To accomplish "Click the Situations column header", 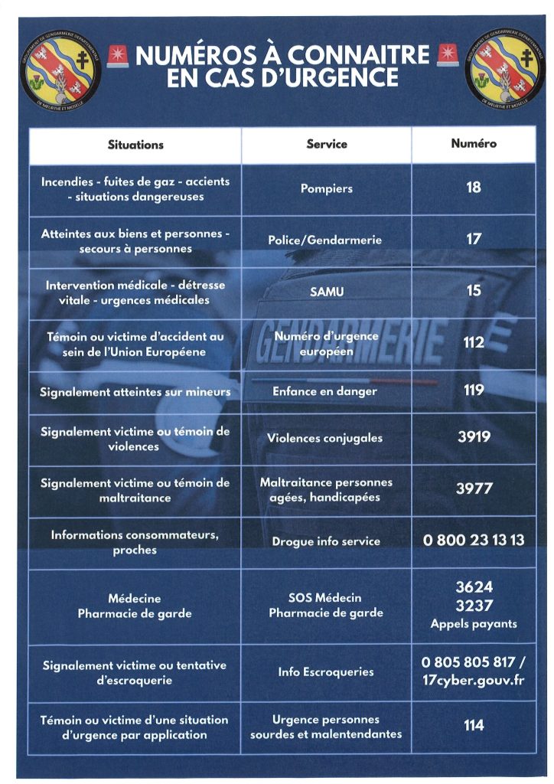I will click(135, 144).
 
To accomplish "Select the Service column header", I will click(327, 144).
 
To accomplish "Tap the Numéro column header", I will click(474, 143).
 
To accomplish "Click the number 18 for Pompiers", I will click(474, 187).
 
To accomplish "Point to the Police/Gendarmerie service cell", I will click(324, 240).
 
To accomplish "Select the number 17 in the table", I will click(474, 239).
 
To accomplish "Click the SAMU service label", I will click(326, 292).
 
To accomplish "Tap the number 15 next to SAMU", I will click(474, 290).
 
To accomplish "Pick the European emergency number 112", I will click(474, 342).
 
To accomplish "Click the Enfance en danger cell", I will click(325, 391).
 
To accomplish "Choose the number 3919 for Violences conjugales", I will click(474, 438).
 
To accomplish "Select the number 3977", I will click(474, 488).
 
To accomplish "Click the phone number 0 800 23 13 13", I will click(474, 540).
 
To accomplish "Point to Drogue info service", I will click(326, 541).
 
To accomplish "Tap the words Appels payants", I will click(474, 624).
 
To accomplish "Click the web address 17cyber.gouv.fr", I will click(474, 680).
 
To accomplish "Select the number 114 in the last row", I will click(474, 725).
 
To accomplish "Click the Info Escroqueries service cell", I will click(326, 672).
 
